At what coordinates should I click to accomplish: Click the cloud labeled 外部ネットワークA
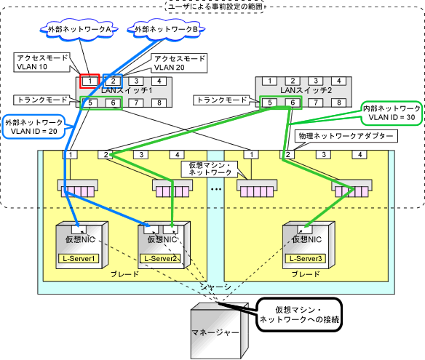(79, 30)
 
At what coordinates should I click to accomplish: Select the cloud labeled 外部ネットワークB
(166, 30)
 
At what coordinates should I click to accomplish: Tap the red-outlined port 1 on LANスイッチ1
(90, 81)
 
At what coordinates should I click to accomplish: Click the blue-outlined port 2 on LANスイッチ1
(113, 81)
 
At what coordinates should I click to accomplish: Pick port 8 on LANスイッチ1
(159, 103)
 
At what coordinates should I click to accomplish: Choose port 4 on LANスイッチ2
(339, 81)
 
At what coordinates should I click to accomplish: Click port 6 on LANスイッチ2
(293, 103)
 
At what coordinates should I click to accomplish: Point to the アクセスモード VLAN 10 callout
(41, 63)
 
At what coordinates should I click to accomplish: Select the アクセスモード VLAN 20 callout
(179, 63)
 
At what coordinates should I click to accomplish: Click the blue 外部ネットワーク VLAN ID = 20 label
(34, 127)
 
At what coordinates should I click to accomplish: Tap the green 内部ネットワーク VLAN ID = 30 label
(392, 113)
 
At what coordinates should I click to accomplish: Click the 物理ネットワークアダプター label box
(346, 136)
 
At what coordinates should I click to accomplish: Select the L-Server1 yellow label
(79, 258)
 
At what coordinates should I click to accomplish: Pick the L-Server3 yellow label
(306, 258)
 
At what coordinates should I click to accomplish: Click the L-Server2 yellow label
(160, 258)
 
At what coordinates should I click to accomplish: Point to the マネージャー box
(219, 331)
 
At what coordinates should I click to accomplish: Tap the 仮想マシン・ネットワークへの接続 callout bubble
(299, 315)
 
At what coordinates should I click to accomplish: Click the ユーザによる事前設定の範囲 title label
(215, 7)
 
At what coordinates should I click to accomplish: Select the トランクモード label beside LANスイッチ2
(222, 100)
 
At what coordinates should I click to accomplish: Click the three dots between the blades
(216, 189)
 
